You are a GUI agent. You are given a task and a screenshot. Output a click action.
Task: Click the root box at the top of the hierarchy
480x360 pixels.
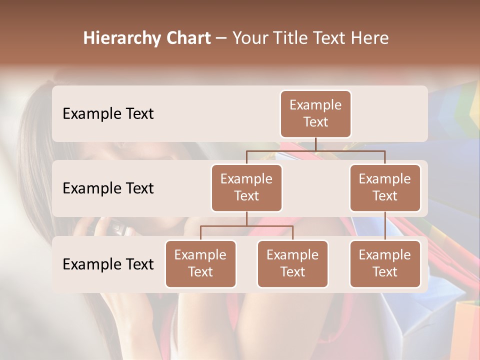click(x=315, y=113)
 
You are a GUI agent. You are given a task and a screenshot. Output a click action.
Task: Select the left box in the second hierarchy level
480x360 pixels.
click(x=246, y=187)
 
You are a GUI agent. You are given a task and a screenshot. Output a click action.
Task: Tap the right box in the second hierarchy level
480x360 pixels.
click(x=385, y=187)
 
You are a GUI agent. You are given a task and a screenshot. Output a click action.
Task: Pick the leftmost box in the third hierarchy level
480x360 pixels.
click(x=200, y=263)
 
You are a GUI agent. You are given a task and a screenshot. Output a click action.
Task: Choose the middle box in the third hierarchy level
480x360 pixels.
click(x=292, y=263)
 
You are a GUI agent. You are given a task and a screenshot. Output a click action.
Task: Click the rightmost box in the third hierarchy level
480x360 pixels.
click(x=385, y=263)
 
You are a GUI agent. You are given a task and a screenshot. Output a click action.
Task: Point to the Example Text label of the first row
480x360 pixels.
click(x=108, y=114)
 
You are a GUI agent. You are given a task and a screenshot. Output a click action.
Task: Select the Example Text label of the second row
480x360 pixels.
click(x=108, y=188)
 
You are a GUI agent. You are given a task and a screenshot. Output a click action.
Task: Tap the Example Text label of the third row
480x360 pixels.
click(x=108, y=264)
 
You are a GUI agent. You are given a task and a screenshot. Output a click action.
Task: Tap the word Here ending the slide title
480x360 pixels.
click(x=371, y=38)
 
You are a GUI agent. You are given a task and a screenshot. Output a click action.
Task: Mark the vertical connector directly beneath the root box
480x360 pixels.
click(x=315, y=144)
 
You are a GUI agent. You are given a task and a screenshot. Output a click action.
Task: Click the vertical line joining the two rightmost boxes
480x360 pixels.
click(x=385, y=226)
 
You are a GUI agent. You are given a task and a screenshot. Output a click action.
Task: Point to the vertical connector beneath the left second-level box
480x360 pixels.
click(x=246, y=218)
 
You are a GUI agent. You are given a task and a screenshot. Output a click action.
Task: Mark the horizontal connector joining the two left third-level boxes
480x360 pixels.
click(x=246, y=226)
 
